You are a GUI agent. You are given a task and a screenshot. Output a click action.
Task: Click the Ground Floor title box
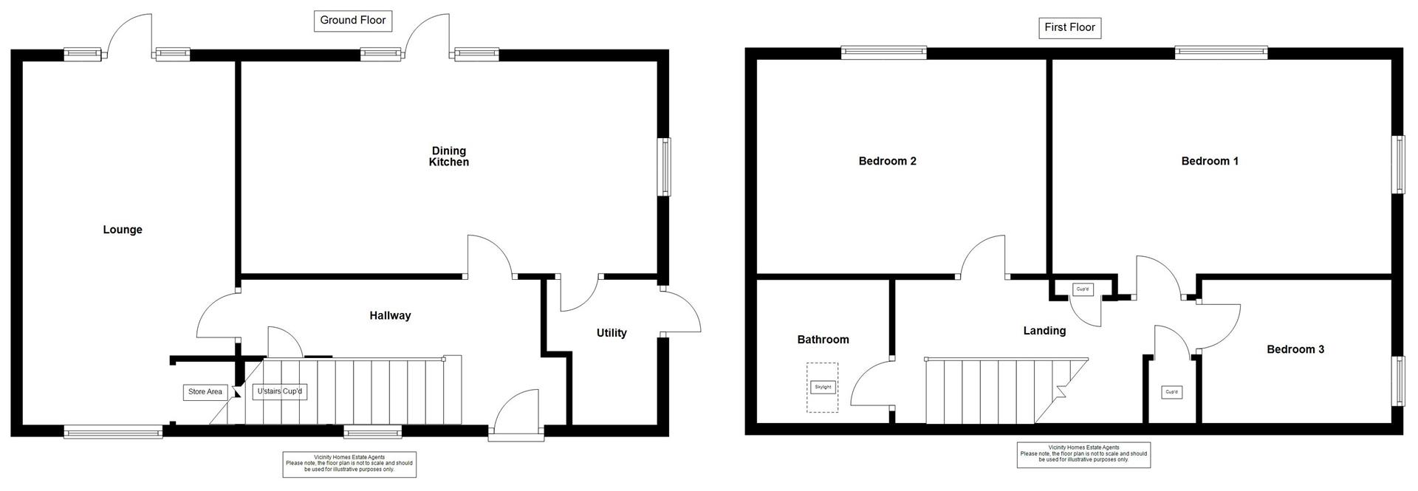(352, 21)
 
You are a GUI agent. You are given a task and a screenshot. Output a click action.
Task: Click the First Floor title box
(1069, 28)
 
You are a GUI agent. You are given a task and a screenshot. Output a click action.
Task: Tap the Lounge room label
(123, 230)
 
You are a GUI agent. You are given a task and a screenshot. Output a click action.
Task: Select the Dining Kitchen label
(449, 157)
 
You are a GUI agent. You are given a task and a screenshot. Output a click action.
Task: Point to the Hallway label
(390, 315)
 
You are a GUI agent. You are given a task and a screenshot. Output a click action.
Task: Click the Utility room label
(612, 333)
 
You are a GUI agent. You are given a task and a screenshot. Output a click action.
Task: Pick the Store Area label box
(205, 392)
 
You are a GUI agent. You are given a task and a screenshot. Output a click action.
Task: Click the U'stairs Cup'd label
(279, 391)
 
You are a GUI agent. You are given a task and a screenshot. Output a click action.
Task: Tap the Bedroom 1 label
(1210, 161)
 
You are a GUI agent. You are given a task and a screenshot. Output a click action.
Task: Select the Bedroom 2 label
(887, 161)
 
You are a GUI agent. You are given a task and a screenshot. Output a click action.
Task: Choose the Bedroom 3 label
(1295, 349)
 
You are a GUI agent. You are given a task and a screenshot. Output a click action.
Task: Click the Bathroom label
(823, 340)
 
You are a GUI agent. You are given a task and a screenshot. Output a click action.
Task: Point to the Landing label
(1044, 331)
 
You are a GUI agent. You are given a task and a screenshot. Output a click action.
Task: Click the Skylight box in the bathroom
(822, 387)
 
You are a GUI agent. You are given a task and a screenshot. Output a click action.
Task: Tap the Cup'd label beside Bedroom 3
(1171, 392)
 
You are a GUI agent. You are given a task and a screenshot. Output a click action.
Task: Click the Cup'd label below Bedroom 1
(1083, 289)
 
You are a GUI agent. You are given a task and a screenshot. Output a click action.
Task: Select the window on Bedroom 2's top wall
(884, 52)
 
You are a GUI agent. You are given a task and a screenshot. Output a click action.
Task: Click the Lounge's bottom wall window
(113, 431)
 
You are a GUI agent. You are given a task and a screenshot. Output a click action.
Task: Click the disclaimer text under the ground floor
(349, 464)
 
